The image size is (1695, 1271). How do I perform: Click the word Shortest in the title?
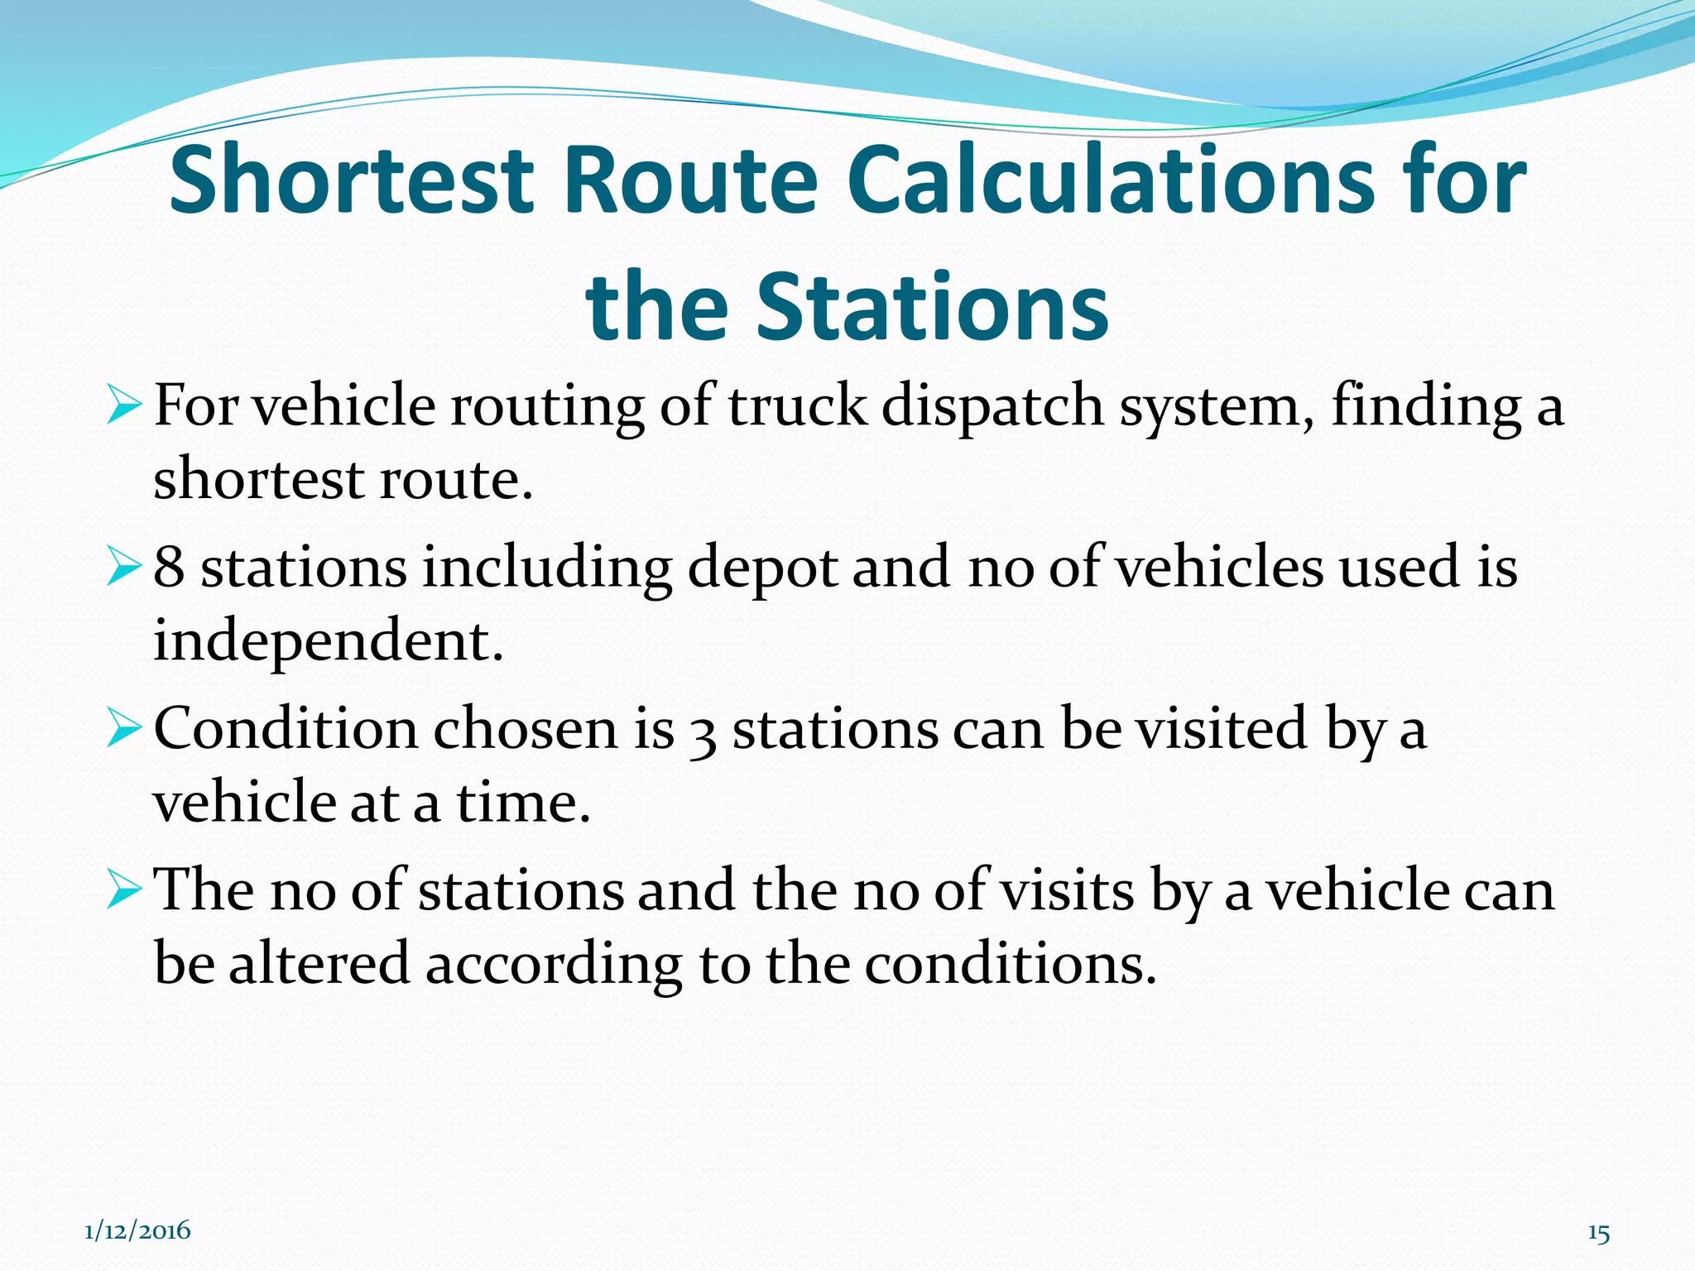click(352, 180)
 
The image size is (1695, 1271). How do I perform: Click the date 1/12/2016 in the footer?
click(137, 1230)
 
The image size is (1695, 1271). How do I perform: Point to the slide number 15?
click(1599, 1234)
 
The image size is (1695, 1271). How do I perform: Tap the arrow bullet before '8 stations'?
click(126, 568)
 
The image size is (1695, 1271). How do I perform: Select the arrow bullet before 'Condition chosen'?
click(126, 730)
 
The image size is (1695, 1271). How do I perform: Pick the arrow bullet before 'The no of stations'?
click(126, 891)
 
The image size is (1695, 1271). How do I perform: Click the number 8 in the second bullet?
click(169, 568)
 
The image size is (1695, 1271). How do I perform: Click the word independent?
click(328, 641)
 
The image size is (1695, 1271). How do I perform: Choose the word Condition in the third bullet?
click(286, 730)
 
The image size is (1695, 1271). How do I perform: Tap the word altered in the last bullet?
click(319, 964)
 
